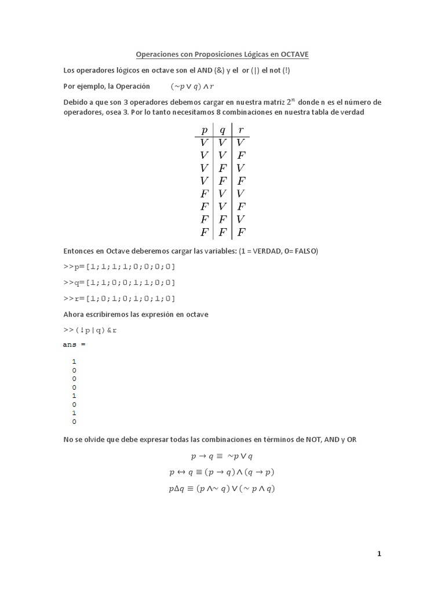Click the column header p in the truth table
[204, 130]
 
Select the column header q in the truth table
[222, 130]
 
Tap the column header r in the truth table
[242, 130]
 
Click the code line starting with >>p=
[119, 266]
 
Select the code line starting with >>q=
[119, 282]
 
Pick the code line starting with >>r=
[119, 298]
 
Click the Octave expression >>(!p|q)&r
[93, 330]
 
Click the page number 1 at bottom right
[380, 554]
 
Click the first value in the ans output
[75, 361]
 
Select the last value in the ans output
[75, 422]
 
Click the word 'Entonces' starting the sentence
[79, 251]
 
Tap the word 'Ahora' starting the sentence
[74, 314]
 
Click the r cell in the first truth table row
[242, 142]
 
